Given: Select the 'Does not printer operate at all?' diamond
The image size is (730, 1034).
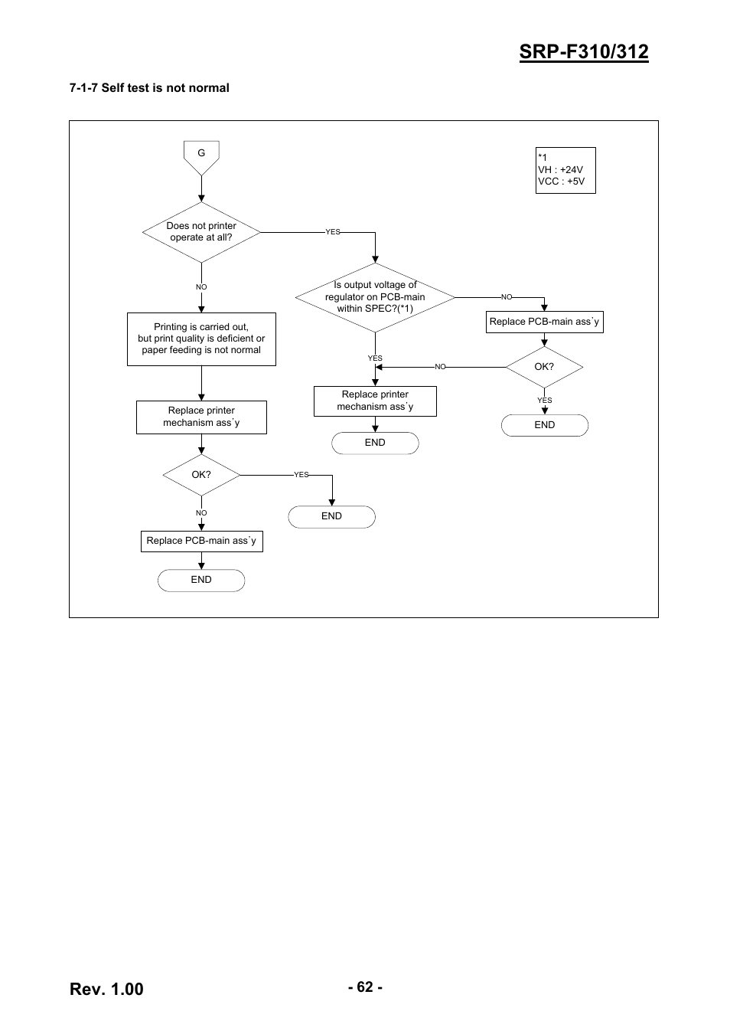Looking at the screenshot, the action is pos(201,232).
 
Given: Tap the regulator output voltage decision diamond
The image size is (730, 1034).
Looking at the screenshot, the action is pos(375,297).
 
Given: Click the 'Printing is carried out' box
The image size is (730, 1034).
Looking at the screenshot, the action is pos(201,339).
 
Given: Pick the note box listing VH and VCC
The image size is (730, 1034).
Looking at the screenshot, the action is pos(565,170).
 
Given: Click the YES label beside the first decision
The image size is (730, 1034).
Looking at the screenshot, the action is pos(333,232).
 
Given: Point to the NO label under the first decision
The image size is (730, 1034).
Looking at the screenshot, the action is pos(201,286).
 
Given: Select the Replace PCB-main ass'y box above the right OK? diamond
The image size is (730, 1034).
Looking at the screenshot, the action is pos(545,322).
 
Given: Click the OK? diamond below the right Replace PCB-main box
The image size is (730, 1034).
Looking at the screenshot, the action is pos(544,367).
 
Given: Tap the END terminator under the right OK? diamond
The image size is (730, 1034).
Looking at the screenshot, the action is pos(545,425).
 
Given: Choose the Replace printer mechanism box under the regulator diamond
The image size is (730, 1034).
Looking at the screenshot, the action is pos(375,401).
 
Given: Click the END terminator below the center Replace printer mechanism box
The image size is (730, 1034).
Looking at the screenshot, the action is pos(375,443).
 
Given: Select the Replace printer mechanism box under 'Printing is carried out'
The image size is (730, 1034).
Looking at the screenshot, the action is pos(201,417).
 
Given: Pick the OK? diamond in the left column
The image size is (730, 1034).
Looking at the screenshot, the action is pos(201,475).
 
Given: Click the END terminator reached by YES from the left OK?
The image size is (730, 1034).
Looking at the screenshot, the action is pos(331,516).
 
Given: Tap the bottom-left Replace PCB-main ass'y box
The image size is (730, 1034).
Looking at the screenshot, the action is pos(202,541).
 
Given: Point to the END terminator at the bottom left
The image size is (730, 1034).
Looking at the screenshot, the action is pos(201,581).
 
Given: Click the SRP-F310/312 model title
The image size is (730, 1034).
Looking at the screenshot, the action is pos(584,52).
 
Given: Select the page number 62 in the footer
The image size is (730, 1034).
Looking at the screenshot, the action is pos(365,987).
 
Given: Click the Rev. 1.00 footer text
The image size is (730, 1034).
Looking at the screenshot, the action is pos(106,989).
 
